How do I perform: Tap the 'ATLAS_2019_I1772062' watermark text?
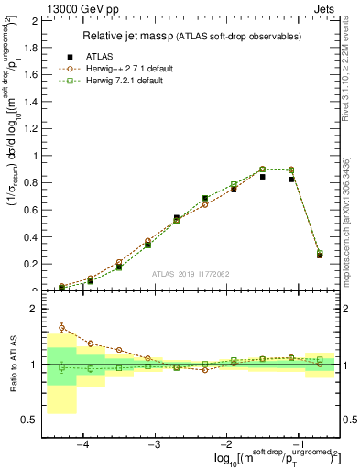[191, 273]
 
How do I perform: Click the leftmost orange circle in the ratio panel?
[61, 327]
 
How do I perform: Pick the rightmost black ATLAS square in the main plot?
[320, 255]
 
